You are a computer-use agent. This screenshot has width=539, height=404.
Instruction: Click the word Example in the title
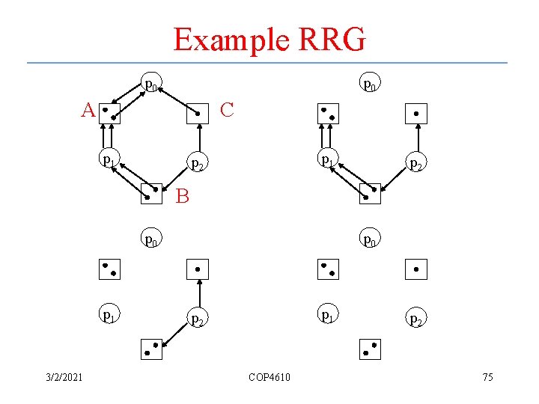click(x=228, y=40)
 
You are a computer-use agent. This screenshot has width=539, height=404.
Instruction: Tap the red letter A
click(x=88, y=111)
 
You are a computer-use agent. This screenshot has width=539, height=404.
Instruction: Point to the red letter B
click(x=182, y=197)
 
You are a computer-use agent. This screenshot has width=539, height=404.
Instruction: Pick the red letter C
click(x=228, y=111)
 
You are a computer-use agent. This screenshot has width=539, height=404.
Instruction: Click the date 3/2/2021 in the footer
click(x=64, y=376)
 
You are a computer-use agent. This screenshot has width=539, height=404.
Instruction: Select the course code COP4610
click(x=269, y=376)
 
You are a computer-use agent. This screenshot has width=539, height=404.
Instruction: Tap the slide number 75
click(x=487, y=376)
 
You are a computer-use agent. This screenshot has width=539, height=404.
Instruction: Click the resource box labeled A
click(x=111, y=114)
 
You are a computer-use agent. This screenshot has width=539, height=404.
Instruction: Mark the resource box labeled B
click(x=153, y=194)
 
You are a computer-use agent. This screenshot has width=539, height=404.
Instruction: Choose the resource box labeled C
click(x=197, y=114)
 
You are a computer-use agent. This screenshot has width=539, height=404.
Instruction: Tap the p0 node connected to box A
click(x=150, y=84)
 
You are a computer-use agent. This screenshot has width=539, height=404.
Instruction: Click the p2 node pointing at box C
click(x=197, y=162)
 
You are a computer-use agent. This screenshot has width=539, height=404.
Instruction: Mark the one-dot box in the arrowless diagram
click(x=415, y=269)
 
